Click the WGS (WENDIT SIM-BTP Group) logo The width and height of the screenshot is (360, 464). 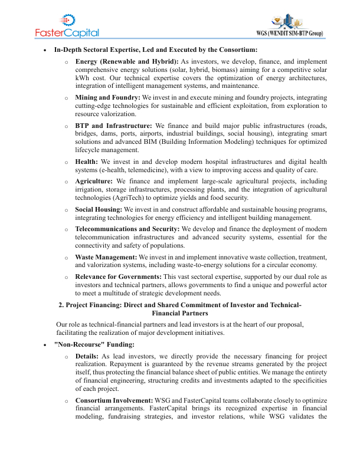(293, 26)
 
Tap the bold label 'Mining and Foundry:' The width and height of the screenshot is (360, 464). (107, 97)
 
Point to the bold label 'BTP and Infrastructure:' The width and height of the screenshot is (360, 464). (114, 126)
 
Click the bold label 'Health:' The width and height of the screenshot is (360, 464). (87, 162)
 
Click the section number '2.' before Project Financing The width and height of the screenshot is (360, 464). (61, 305)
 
